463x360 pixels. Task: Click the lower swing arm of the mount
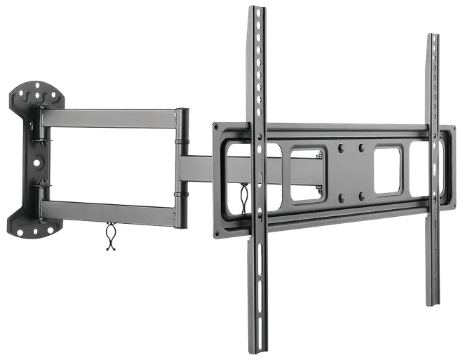[x=109, y=211]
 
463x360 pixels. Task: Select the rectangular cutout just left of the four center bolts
[x=308, y=173]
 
